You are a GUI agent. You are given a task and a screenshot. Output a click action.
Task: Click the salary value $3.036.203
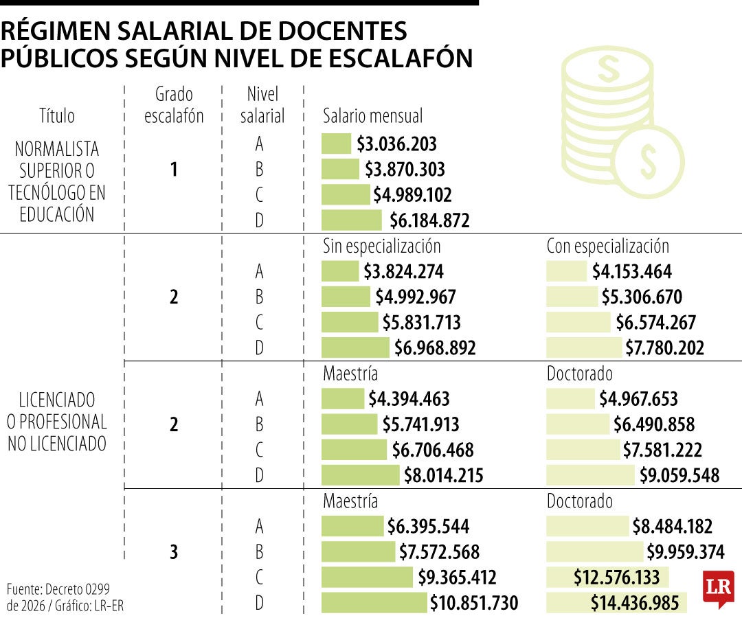[x=396, y=144]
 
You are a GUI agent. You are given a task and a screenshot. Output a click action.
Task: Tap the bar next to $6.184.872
[x=351, y=220]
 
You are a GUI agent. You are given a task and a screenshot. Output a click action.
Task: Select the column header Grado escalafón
[x=174, y=105]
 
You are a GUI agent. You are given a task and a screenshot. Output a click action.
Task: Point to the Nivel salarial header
[x=262, y=105]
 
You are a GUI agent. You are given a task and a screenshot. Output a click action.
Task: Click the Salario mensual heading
[x=372, y=116]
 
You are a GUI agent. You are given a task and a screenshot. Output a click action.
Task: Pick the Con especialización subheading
[x=607, y=246]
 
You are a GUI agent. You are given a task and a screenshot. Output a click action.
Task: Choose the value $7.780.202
[x=664, y=348]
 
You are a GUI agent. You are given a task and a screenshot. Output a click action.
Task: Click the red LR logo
[x=718, y=588]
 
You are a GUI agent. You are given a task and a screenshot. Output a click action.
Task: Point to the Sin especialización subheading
[x=381, y=246]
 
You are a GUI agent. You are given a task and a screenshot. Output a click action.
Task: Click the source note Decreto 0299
[x=58, y=589]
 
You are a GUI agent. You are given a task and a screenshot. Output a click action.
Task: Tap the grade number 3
[x=174, y=553]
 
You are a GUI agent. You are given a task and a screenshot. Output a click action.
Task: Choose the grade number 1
[x=174, y=170]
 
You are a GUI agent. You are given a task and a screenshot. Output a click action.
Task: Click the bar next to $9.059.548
[x=591, y=475]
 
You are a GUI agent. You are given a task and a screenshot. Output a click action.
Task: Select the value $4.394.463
[x=408, y=399]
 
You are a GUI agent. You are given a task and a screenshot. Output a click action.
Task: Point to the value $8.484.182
[x=672, y=527]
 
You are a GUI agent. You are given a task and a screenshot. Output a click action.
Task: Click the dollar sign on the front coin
[x=648, y=160]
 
